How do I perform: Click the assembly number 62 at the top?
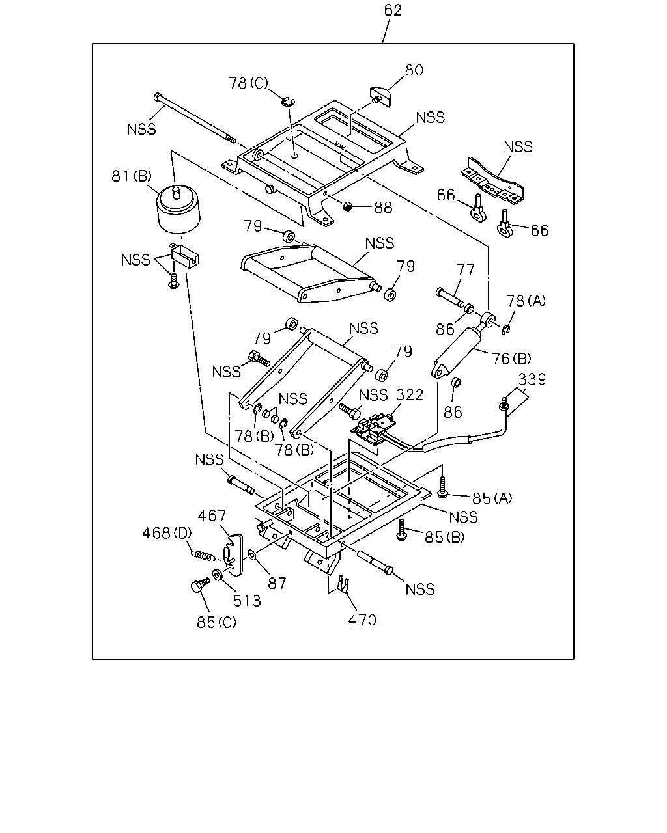393,10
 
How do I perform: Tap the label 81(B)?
132,176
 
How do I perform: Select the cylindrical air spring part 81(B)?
178,210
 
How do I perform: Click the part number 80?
414,70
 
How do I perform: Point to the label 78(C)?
248,83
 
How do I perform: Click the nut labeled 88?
348,206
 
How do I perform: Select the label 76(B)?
511,359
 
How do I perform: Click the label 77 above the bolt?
465,269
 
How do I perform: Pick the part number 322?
410,395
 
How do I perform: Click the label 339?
532,379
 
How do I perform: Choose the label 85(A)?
492,498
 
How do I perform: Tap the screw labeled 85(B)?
402,530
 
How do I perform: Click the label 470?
362,620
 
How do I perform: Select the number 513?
247,601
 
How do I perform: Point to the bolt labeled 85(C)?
200,585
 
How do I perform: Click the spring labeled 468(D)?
203,556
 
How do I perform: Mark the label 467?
212,515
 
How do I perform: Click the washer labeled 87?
252,556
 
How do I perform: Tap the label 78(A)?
526,301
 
